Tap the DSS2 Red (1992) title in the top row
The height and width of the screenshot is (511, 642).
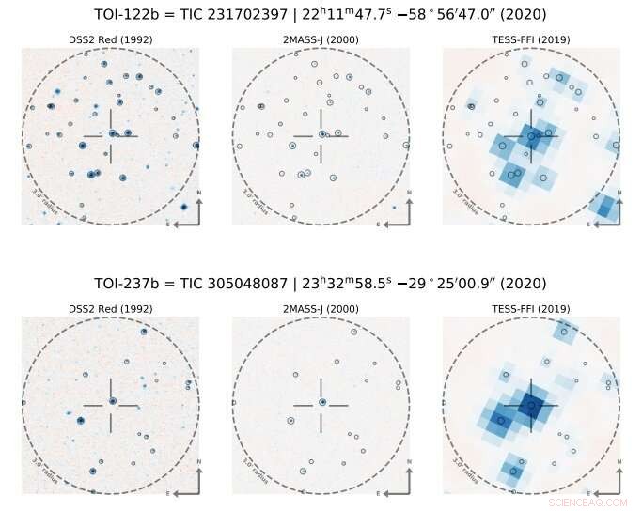[x=110, y=39]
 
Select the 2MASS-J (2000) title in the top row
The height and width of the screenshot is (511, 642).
[x=321, y=39]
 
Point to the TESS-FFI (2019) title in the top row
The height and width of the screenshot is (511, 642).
[x=531, y=39]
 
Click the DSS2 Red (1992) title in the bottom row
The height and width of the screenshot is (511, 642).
[x=110, y=308]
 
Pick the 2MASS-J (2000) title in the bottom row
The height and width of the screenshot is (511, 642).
[x=321, y=308]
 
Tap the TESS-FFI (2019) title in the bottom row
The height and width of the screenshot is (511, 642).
[x=531, y=308]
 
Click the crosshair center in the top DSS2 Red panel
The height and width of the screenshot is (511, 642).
[x=111, y=136]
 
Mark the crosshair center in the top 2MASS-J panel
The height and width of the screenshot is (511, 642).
[x=321, y=136]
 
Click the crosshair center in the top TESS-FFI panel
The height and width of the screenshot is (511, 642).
[x=532, y=136]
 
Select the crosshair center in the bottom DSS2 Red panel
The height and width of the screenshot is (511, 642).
[x=111, y=405]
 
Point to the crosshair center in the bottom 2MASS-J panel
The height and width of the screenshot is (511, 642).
[x=321, y=405]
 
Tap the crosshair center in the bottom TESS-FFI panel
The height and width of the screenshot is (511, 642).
[x=532, y=405]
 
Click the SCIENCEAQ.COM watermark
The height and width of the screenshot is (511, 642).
[x=587, y=503]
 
